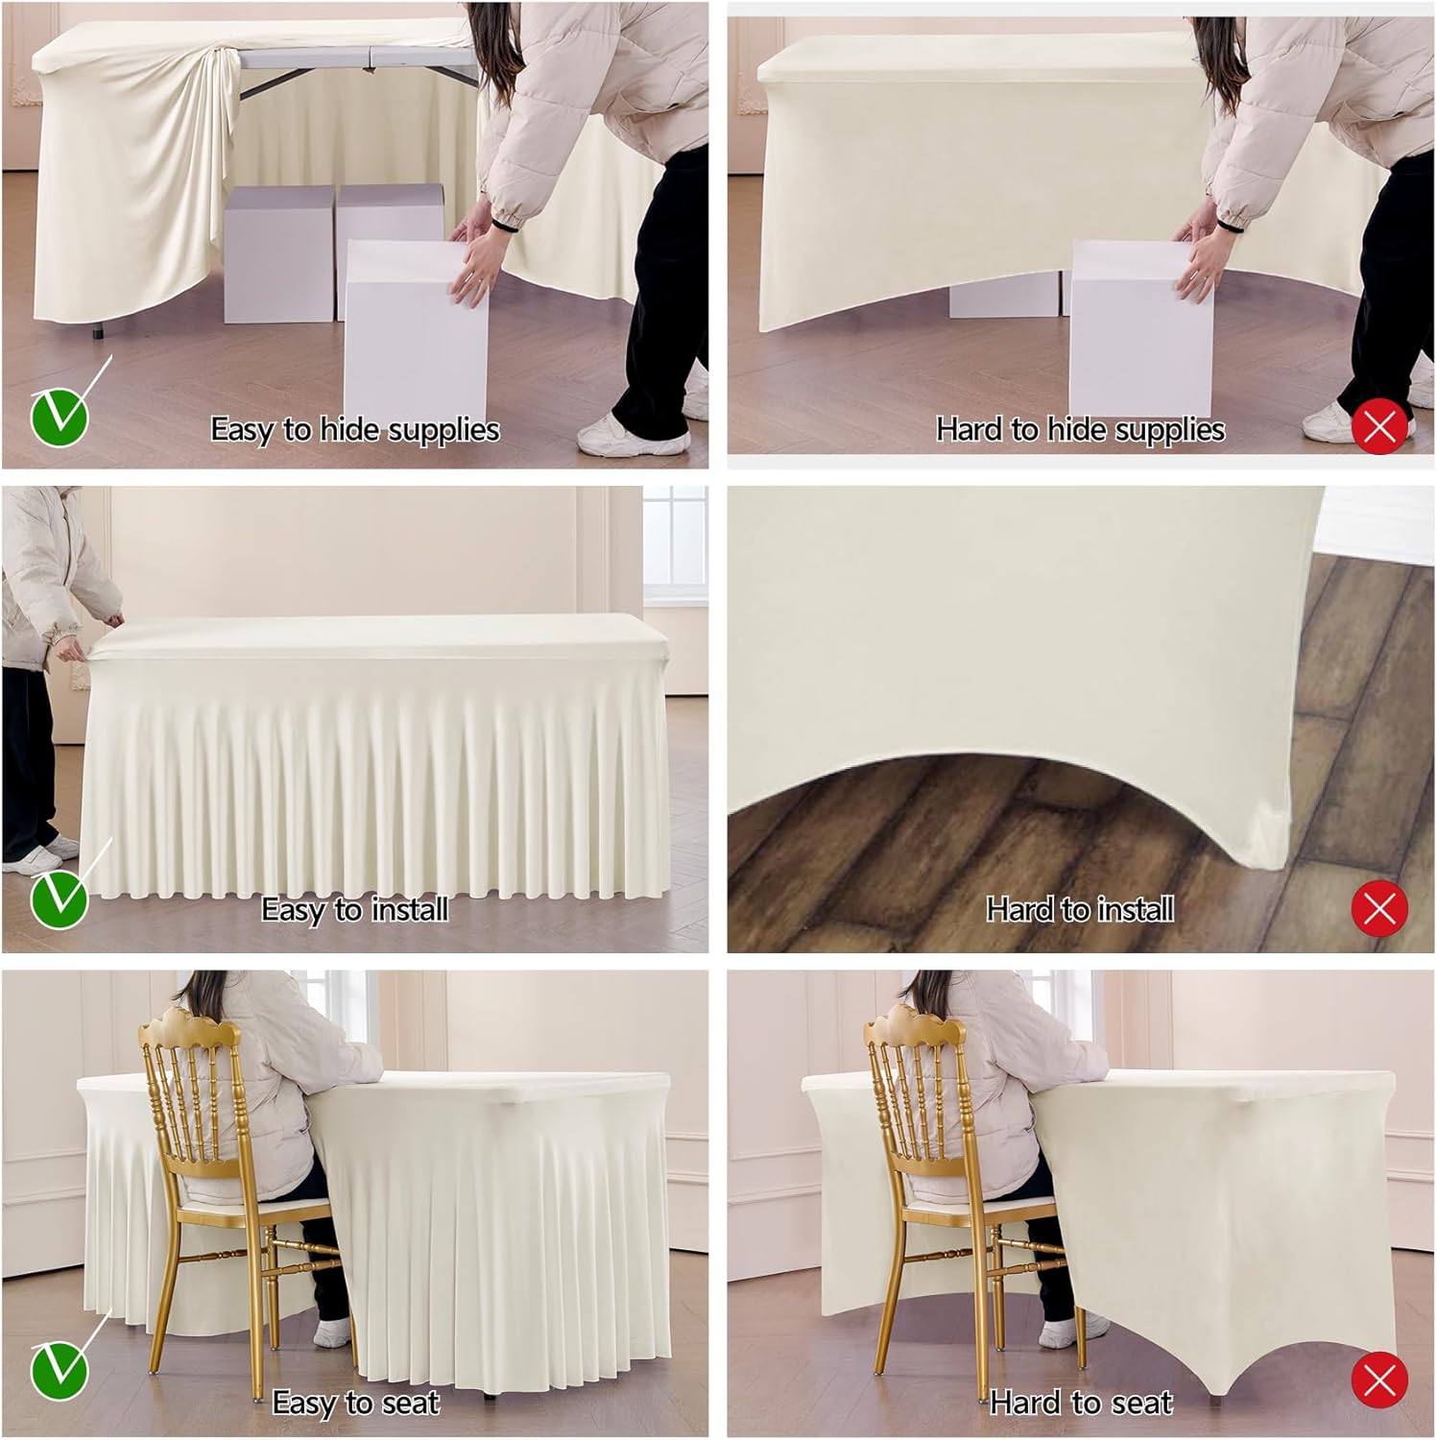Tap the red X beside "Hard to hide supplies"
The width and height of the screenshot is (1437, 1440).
click(1379, 426)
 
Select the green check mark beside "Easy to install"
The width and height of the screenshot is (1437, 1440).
click(60, 900)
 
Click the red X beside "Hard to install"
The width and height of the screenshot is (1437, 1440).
click(1379, 907)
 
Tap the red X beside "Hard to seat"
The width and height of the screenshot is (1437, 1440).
click(1379, 1380)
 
